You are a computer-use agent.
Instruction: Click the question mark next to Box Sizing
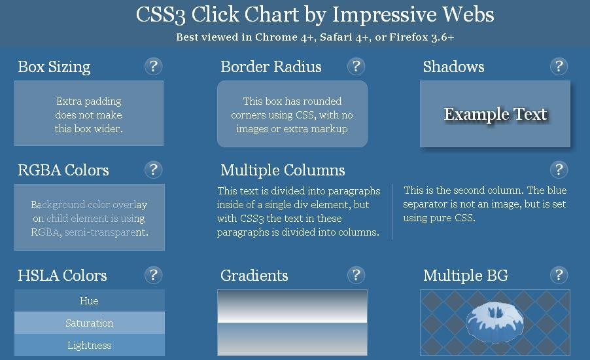tap(153, 66)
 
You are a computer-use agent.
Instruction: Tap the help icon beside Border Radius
tap(356, 66)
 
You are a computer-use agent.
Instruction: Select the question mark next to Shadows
tap(559, 66)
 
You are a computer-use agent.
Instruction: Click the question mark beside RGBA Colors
tap(153, 170)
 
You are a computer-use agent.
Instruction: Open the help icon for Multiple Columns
tap(559, 170)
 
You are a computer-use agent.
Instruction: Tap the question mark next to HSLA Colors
tap(153, 275)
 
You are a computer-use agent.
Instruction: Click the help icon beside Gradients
tap(356, 275)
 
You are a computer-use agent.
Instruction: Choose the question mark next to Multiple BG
tap(559, 275)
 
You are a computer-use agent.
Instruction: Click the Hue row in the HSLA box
tap(90, 301)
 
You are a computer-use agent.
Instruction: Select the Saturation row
tap(90, 323)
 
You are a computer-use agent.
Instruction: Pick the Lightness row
tap(90, 346)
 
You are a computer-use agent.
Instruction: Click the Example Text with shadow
tap(495, 115)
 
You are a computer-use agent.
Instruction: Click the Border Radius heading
tap(271, 67)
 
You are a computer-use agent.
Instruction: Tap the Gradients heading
tap(254, 276)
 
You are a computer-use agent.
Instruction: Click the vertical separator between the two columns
tap(392, 211)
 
